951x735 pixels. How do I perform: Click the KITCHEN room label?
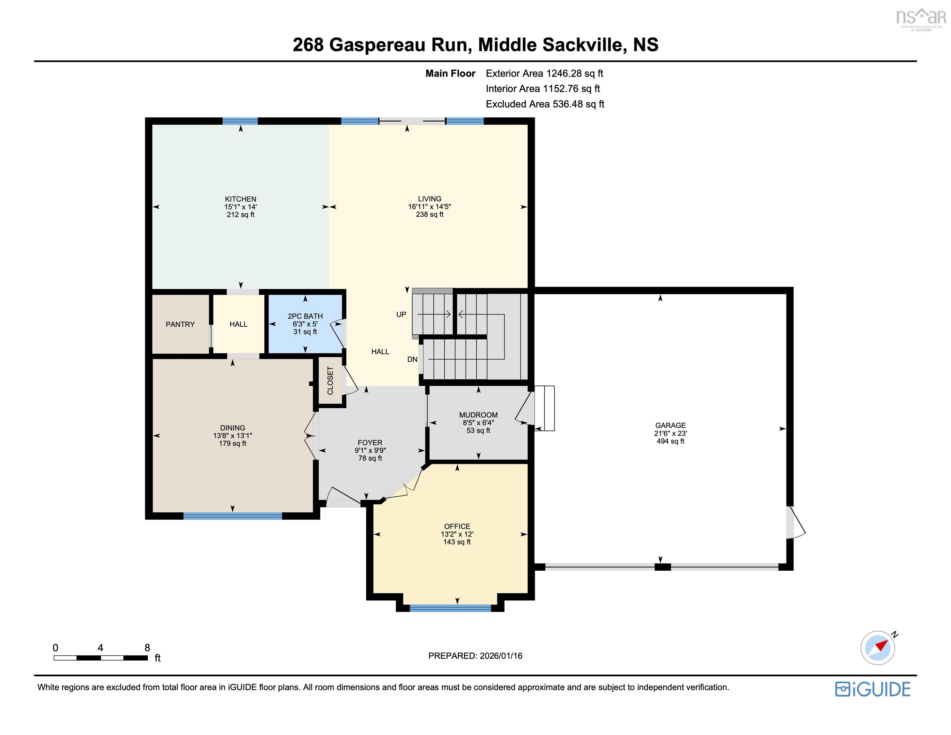pyautogui.click(x=240, y=199)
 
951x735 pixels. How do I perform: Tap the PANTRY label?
pyautogui.click(x=180, y=324)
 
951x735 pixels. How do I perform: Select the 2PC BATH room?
pyautogui.click(x=305, y=323)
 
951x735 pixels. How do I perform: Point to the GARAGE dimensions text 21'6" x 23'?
pyautogui.click(x=670, y=433)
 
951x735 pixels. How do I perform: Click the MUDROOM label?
pyautogui.click(x=478, y=415)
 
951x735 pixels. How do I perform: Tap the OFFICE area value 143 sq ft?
pyautogui.click(x=457, y=542)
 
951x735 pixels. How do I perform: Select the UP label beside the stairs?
pyautogui.click(x=401, y=314)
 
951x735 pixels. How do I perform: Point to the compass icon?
pyautogui.click(x=877, y=648)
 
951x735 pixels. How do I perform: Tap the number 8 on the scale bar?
pyautogui.click(x=147, y=648)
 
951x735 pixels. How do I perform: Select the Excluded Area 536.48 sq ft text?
pyautogui.click(x=545, y=104)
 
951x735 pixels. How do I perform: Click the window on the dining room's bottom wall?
pyautogui.click(x=232, y=516)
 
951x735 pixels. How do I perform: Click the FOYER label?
pyautogui.click(x=370, y=443)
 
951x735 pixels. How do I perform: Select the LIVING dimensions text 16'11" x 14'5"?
pyautogui.click(x=429, y=206)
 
